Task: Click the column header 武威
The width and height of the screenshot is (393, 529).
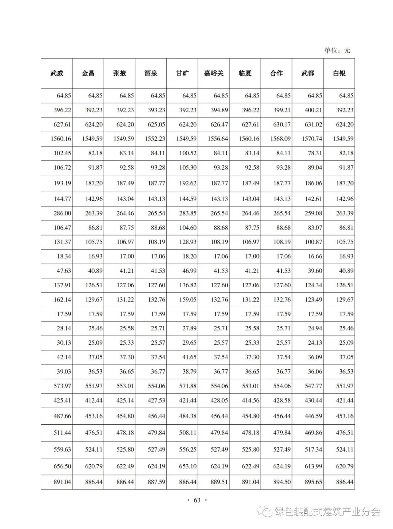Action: (57, 73)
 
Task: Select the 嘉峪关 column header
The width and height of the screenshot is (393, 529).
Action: (214, 73)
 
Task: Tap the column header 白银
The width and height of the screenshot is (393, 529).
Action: (339, 73)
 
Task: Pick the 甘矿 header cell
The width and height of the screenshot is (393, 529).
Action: (182, 73)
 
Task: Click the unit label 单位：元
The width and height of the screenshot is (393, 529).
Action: (337, 51)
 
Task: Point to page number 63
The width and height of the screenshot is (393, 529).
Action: (197, 500)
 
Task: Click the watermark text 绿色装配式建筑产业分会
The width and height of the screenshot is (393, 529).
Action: (327, 512)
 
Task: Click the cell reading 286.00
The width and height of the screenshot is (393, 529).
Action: (63, 213)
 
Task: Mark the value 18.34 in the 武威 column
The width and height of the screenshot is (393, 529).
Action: (64, 256)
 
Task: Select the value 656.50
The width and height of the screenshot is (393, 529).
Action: (63, 466)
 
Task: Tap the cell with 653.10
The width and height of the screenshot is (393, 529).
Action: (188, 466)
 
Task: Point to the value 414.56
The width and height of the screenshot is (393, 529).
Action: (251, 400)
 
